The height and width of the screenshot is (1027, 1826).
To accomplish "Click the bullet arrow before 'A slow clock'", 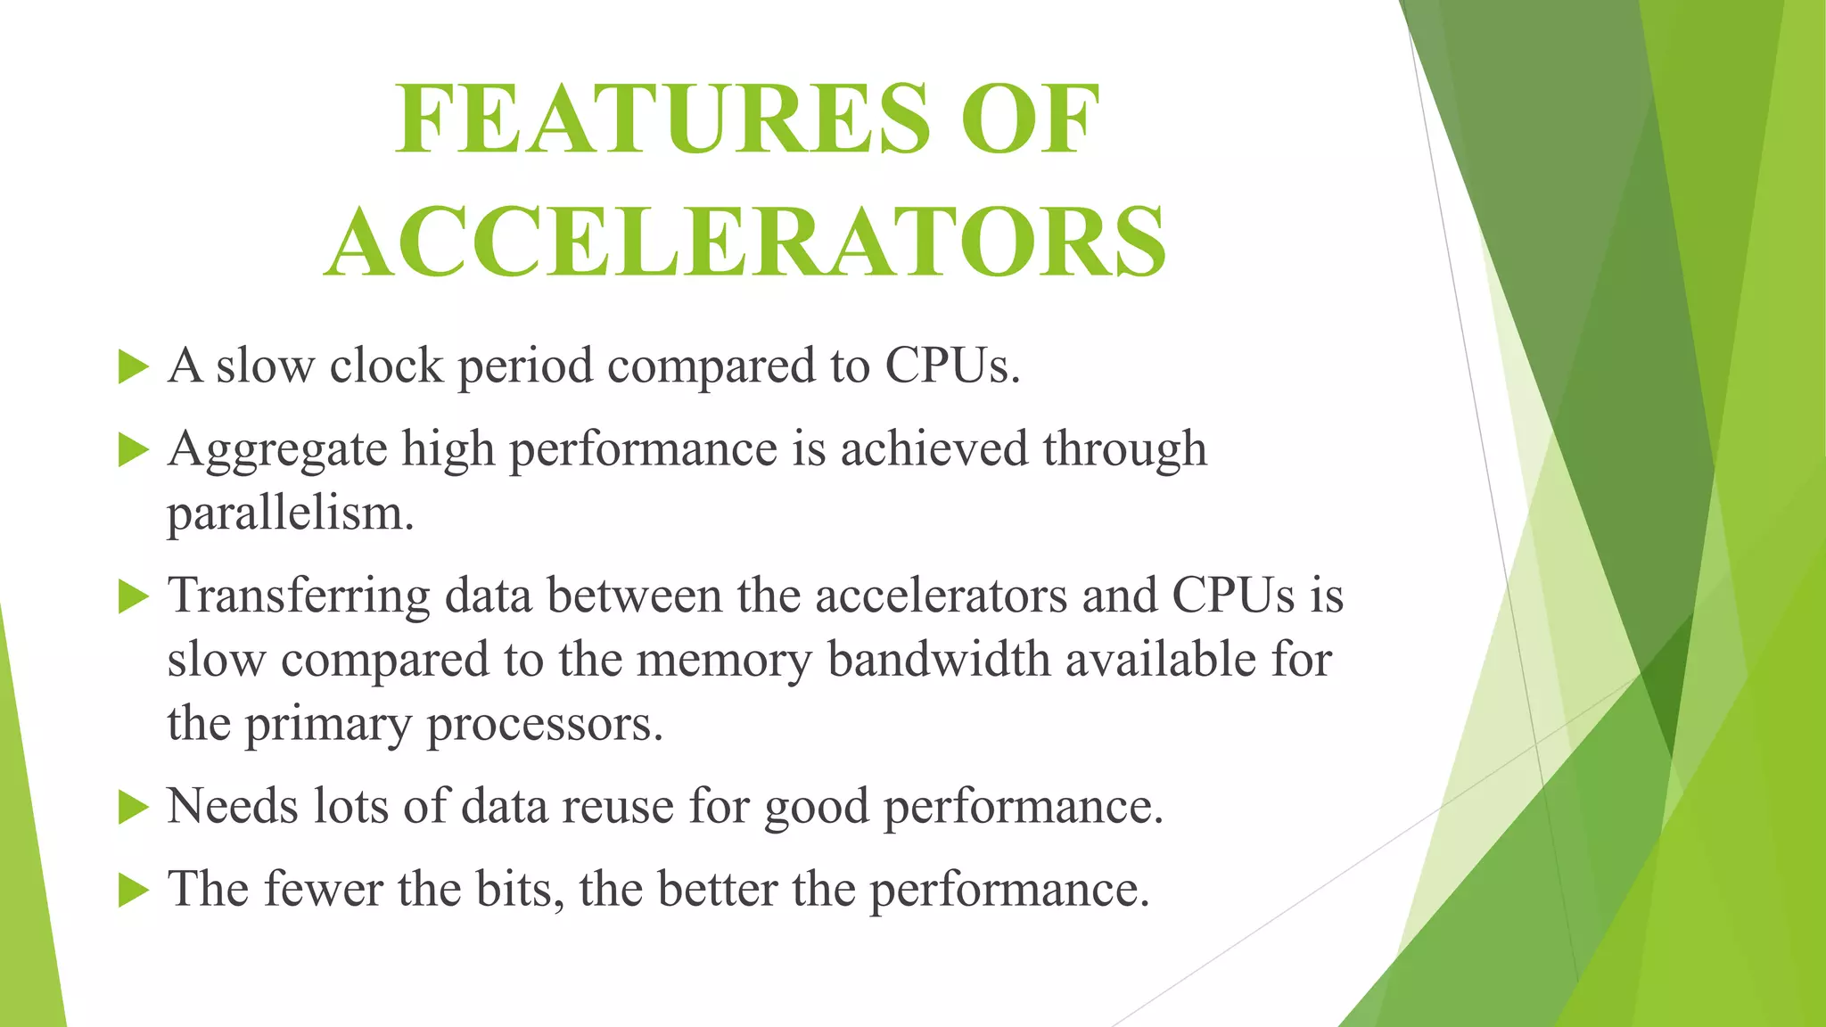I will point(133,366).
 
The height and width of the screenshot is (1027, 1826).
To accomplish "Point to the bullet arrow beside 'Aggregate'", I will point(133,449).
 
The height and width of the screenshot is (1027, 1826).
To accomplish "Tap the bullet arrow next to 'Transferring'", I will point(133,596).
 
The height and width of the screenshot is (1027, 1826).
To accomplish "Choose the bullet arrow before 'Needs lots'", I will point(133,808).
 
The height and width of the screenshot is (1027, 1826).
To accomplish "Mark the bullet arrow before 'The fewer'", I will point(133,890).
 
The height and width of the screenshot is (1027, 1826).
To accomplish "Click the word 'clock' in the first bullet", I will point(386,366).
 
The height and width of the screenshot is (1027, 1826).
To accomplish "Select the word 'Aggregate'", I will point(277,449).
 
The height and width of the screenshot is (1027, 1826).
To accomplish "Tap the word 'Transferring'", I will point(299,596).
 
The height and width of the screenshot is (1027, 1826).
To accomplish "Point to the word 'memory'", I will point(724,661).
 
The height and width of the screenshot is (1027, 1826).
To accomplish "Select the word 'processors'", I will point(545,724).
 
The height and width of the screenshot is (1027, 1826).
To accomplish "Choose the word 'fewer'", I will point(323,889).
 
